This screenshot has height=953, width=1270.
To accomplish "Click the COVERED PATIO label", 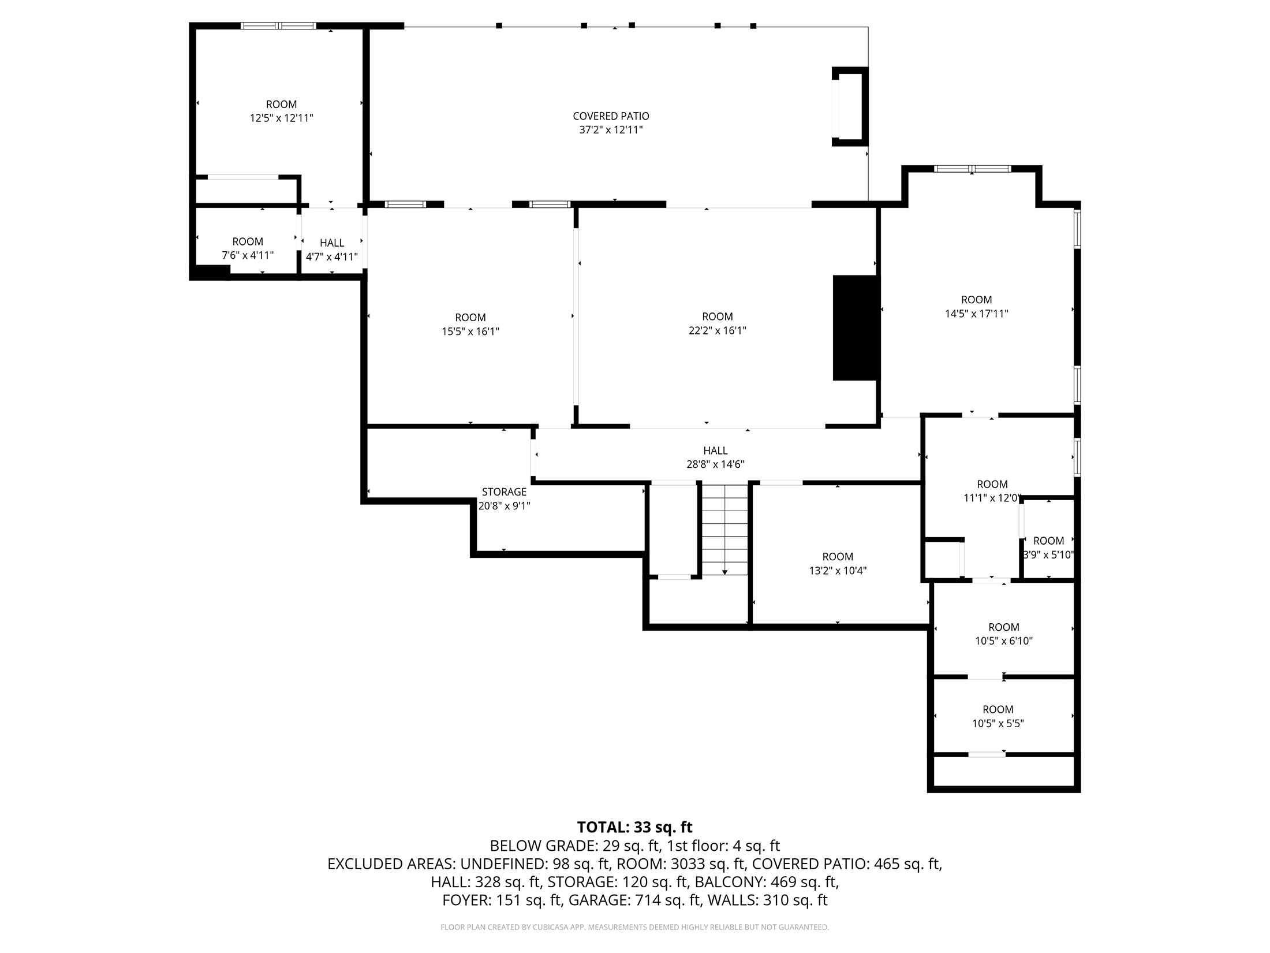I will click(x=611, y=116).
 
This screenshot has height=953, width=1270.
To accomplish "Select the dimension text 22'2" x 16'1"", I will click(x=717, y=331).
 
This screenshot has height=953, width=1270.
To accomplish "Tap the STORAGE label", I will click(x=504, y=492).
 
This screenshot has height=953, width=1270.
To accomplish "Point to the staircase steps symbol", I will click(x=724, y=528).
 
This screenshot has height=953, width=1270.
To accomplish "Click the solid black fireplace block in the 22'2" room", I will click(x=855, y=327).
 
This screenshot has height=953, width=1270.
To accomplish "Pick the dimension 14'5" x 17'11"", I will click(x=976, y=314).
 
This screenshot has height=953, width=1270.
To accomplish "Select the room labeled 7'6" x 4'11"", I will click(x=248, y=248).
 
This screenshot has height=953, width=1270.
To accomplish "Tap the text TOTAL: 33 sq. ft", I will click(x=634, y=827).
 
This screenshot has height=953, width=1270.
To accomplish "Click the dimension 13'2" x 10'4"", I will click(x=837, y=571).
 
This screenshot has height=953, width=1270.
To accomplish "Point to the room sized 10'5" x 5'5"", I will click(x=998, y=716).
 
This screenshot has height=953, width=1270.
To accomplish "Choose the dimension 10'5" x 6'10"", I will click(x=1003, y=641).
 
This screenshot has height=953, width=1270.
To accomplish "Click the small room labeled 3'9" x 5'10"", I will click(x=1048, y=548).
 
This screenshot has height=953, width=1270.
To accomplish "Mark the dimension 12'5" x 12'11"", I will click(x=281, y=118).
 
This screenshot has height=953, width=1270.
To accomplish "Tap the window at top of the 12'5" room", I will click(x=278, y=25).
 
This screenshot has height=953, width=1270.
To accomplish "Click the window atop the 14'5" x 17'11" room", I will click(x=972, y=169).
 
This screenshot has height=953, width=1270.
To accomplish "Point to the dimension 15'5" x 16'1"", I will click(x=470, y=332).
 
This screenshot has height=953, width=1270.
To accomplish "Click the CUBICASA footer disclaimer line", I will click(x=634, y=927).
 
